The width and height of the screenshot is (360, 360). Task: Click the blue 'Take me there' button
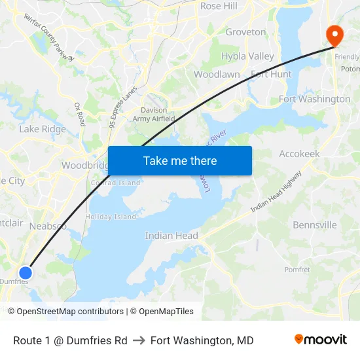click(180, 160)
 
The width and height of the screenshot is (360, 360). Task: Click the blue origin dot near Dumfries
click(26, 272)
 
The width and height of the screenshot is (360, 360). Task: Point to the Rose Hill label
click(219, 6)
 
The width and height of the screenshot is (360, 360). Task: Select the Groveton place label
click(245, 32)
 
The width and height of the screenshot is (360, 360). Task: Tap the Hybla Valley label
click(247, 56)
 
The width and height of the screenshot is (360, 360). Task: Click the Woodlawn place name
click(217, 75)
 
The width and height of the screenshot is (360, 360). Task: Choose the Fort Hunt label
click(271, 75)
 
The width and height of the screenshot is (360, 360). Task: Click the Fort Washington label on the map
click(314, 99)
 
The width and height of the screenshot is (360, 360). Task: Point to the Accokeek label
click(299, 153)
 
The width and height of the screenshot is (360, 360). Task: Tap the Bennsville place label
click(314, 225)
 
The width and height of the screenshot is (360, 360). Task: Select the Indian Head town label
click(171, 236)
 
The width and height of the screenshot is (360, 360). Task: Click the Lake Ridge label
click(43, 129)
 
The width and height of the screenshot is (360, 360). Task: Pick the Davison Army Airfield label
click(154, 115)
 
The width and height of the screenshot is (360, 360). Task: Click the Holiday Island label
click(111, 217)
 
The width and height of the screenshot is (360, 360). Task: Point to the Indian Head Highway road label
click(277, 191)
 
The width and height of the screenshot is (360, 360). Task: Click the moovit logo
click(320, 340)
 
